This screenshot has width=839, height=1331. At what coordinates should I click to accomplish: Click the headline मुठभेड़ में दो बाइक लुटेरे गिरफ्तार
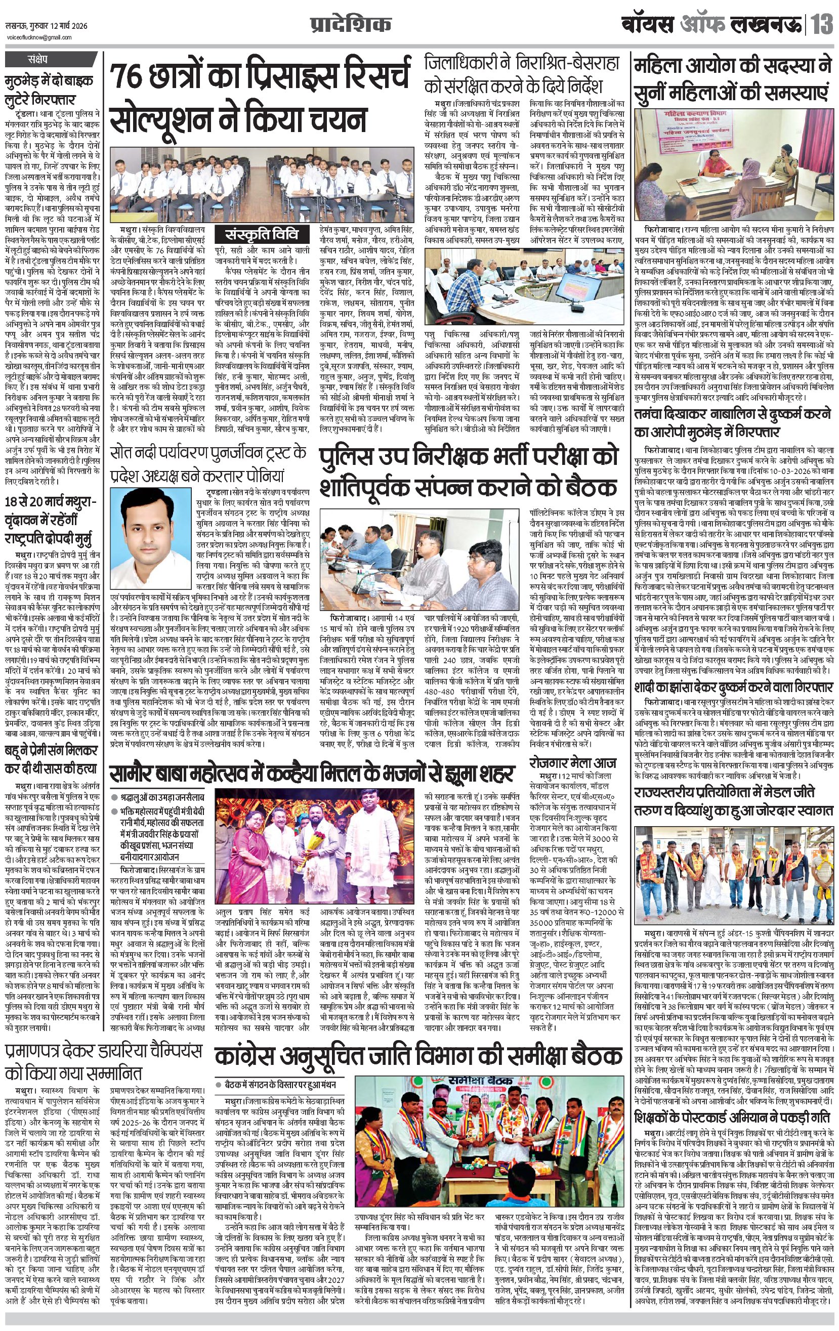(49, 89)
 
